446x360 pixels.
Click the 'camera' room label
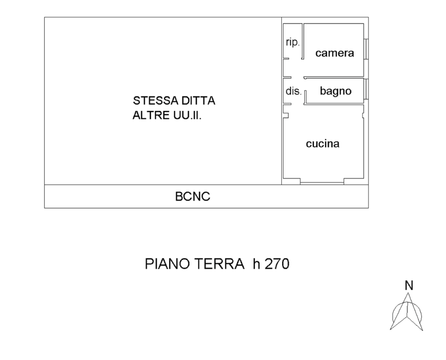click(x=334, y=53)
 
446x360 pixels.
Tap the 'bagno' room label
click(x=336, y=91)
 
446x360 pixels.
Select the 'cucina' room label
click(x=322, y=143)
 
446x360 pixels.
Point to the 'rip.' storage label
click(x=293, y=42)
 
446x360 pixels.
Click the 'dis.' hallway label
click(x=293, y=91)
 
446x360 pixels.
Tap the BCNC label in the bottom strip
click(x=193, y=196)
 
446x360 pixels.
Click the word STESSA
click(x=156, y=101)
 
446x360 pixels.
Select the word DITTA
click(x=198, y=101)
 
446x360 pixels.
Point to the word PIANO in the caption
click(x=167, y=264)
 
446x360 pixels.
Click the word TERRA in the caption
click(x=219, y=264)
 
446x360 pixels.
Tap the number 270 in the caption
click(x=277, y=264)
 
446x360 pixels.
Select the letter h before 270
click(x=256, y=264)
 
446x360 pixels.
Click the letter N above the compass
click(x=409, y=285)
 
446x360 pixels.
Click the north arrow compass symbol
click(x=407, y=312)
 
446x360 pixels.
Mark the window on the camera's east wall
click(x=366, y=49)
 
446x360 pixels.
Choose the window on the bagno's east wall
click(x=366, y=89)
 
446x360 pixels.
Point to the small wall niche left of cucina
click(x=286, y=115)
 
